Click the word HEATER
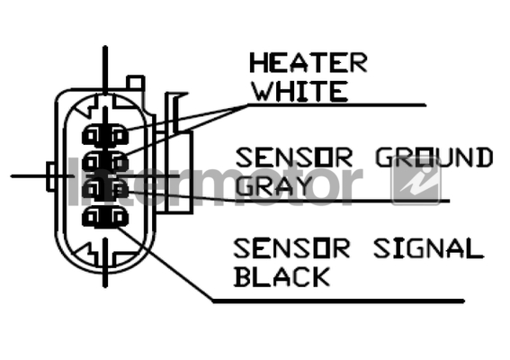[309, 63]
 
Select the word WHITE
[300, 92]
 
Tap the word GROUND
[434, 157]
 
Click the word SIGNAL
[429, 248]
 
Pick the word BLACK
[282, 276]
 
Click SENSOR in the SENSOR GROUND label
[294, 157]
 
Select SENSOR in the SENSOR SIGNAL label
[291, 248]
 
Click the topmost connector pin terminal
[105, 135]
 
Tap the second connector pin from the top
[105, 161]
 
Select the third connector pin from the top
[105, 189]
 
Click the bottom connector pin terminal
[105, 217]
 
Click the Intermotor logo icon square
[416, 180]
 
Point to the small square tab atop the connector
[136, 83]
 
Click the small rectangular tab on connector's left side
[51, 176]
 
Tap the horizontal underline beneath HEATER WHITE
[336, 105]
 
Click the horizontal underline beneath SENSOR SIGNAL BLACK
[338, 301]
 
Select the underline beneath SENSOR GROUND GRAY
[342, 201]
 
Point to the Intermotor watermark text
[216, 183]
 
